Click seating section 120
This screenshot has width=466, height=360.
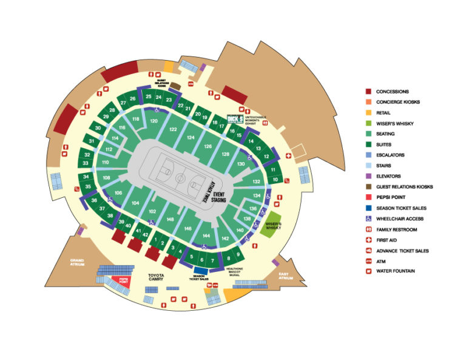click(x=154, y=121)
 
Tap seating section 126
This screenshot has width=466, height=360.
click(x=208, y=146)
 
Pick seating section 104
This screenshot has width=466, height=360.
click(x=135, y=203)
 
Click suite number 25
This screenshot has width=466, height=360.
click(x=149, y=97)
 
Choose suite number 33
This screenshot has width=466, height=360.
click(x=86, y=163)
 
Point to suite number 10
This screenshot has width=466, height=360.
click(x=275, y=180)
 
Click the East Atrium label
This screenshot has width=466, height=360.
click(x=285, y=276)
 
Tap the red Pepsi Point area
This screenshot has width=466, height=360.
click(x=123, y=282)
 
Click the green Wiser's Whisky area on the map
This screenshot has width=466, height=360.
click(x=272, y=223)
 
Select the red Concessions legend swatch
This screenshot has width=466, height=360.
click(x=368, y=92)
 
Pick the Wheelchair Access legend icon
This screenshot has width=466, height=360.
click(x=368, y=219)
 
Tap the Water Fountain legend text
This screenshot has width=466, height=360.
click(x=396, y=271)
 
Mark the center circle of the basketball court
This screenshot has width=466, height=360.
click(x=180, y=178)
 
